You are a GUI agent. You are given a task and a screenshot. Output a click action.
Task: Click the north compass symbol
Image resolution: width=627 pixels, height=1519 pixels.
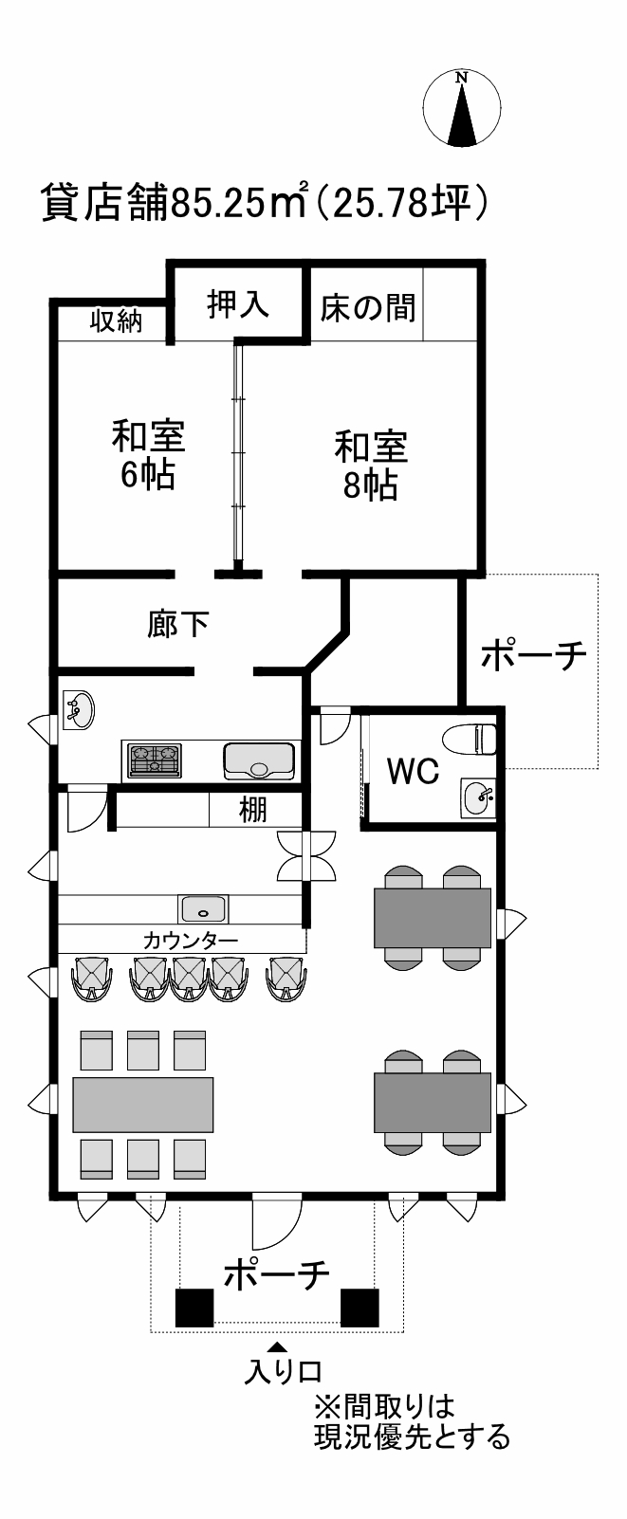point(461,107)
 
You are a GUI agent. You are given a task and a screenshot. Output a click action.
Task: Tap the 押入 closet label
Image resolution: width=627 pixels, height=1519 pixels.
point(237,303)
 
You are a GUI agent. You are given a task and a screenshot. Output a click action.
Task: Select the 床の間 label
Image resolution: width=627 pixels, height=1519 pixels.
point(368,307)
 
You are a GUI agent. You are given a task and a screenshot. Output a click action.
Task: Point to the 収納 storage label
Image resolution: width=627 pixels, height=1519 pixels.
point(117,321)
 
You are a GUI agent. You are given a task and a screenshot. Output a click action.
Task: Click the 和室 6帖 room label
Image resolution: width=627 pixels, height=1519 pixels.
point(149,455)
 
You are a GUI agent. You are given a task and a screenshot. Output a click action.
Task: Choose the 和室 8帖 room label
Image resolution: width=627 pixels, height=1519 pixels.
point(371,465)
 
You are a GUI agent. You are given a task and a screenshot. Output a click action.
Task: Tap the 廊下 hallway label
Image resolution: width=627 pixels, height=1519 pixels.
point(177,624)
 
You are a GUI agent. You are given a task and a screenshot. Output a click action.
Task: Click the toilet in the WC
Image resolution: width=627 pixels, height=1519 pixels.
point(470,739)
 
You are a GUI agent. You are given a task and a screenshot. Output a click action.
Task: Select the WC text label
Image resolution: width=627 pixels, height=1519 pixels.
point(414,770)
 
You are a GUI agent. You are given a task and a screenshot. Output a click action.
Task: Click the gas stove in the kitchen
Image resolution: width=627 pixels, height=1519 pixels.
point(157,759)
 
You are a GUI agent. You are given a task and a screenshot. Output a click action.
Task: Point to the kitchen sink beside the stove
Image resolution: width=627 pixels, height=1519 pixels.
point(259,759)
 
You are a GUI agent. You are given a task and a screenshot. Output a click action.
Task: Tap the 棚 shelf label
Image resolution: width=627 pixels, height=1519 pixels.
point(252,810)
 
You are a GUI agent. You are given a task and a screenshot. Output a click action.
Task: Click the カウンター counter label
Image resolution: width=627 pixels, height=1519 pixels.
point(191,941)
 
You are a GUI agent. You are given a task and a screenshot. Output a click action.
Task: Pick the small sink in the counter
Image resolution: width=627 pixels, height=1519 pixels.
point(204,908)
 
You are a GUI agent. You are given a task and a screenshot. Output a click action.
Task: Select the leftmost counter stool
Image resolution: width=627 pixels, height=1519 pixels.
point(92,978)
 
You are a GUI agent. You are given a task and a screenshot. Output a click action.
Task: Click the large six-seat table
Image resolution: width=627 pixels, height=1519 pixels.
point(143,1104)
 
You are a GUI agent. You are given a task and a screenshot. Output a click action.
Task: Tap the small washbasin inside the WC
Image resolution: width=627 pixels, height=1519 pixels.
point(479,798)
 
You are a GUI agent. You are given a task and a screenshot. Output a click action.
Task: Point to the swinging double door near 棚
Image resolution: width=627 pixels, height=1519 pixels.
point(306,856)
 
